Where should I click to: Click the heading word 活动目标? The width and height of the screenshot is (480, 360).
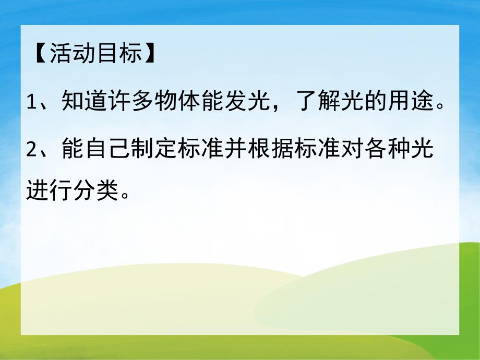pos(95,54)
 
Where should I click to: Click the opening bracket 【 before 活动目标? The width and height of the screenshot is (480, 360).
pos(40,54)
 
